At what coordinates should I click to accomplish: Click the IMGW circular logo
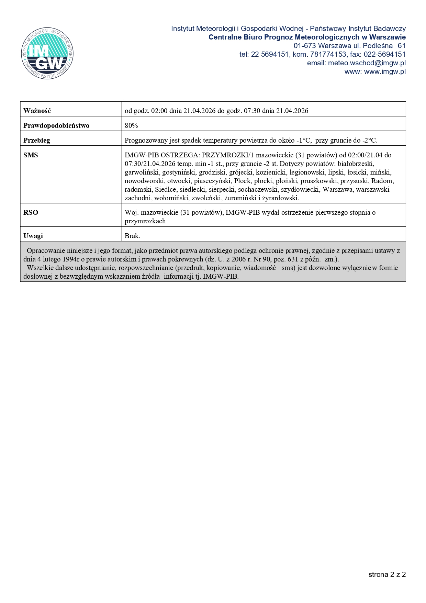pos(47,53)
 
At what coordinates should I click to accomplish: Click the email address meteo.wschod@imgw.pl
pos(367,63)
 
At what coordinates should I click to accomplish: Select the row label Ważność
pos(37,111)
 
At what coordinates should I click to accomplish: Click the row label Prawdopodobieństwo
pos(56,125)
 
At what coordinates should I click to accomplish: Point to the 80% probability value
pos(131,125)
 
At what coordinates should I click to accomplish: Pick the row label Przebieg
pos(37,140)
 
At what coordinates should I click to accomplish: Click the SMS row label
pos(31,155)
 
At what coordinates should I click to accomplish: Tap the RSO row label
pos(31,212)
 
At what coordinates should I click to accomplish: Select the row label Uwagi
pos(33,236)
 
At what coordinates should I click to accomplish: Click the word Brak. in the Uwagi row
pos(132,236)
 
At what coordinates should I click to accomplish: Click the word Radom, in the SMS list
pos(383,181)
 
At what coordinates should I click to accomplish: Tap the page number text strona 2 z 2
pos(387,574)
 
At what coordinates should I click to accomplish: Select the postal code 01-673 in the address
pos(304,46)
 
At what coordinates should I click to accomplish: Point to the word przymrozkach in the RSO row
pos(145,221)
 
